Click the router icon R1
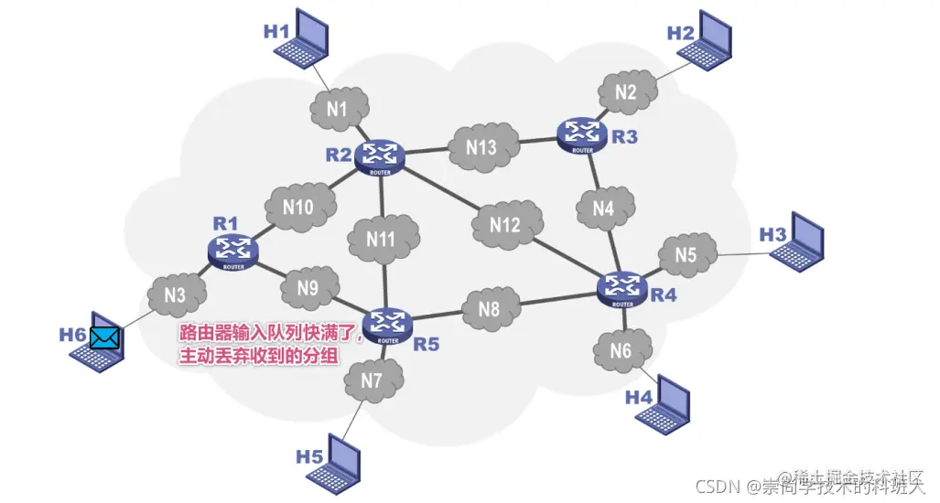(x=233, y=250)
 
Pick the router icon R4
(x=622, y=288)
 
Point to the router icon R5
(x=388, y=325)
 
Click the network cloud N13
(x=481, y=147)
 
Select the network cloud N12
(x=505, y=223)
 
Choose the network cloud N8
(x=491, y=309)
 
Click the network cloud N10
(x=298, y=208)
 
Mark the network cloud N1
(x=338, y=110)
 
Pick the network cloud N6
(x=621, y=350)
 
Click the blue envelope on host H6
(x=104, y=337)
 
